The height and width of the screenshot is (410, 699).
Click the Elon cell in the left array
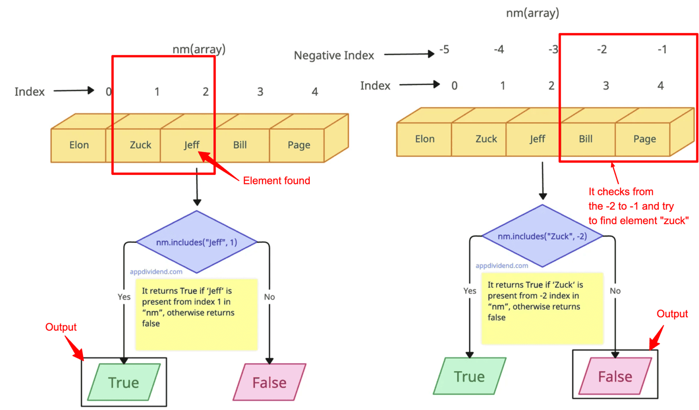(79, 145)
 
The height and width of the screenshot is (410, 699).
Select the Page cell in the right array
(644, 139)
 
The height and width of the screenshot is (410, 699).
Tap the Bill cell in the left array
(240, 145)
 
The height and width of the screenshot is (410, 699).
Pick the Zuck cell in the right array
(486, 139)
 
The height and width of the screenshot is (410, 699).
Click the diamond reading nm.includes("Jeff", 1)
(197, 242)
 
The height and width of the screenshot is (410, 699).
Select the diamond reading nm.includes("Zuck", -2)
(542, 236)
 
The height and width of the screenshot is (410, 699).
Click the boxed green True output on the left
(124, 383)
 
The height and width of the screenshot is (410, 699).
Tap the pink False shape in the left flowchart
(269, 383)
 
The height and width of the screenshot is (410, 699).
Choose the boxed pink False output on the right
(615, 376)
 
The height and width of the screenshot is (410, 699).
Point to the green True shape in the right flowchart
(469, 376)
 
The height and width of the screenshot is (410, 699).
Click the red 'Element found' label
(277, 181)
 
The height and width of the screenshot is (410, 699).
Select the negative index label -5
(444, 49)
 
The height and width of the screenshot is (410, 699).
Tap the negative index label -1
(662, 49)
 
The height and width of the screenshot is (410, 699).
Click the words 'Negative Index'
(334, 55)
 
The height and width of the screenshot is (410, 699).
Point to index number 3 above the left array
(260, 92)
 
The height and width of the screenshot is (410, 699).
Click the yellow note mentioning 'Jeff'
(196, 314)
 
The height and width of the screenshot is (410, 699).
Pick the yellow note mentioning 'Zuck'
(542, 308)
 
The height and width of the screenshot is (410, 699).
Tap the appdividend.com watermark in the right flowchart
(502, 266)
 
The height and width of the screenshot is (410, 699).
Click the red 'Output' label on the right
(672, 314)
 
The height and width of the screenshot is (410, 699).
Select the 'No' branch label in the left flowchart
(269, 297)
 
